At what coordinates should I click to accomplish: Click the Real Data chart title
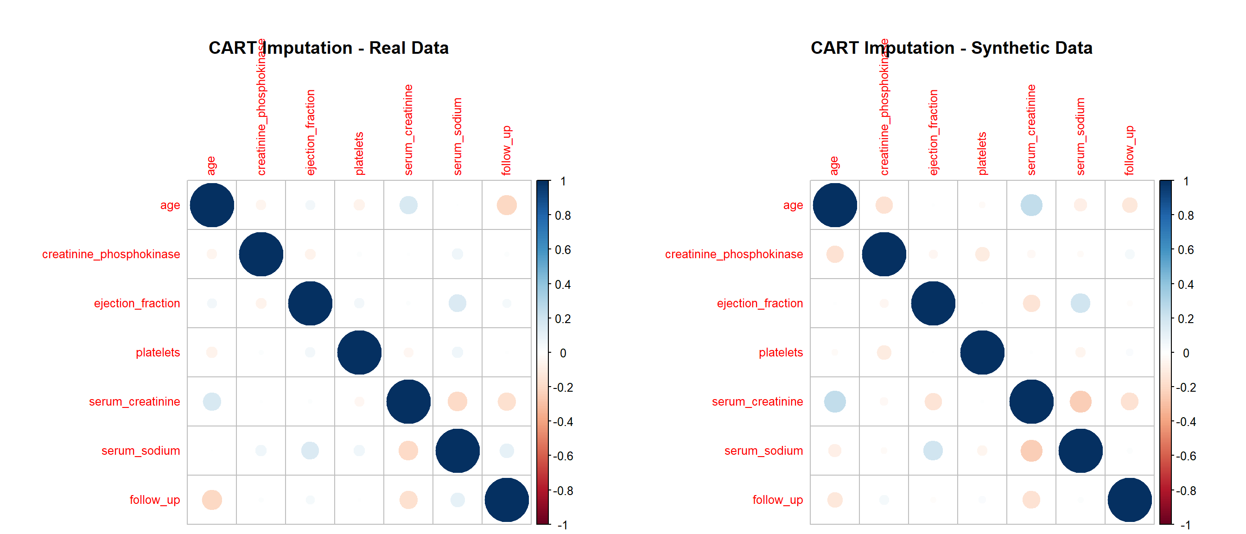(x=329, y=48)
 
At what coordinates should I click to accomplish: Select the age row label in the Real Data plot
(x=170, y=205)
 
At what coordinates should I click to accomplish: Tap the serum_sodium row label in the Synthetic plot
(x=763, y=451)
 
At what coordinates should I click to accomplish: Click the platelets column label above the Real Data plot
(x=359, y=153)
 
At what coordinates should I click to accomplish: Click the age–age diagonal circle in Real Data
(x=212, y=205)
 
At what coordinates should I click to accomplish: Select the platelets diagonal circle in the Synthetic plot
(x=982, y=353)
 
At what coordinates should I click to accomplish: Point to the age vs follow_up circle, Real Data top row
(x=507, y=205)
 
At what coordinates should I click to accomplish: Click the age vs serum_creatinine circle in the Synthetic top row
(x=1031, y=205)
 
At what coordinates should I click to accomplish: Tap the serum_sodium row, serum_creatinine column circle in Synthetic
(x=1031, y=451)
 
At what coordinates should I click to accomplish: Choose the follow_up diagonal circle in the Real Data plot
(x=507, y=500)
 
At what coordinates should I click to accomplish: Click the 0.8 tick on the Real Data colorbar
(x=563, y=216)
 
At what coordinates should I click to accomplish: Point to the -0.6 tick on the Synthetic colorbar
(x=1186, y=456)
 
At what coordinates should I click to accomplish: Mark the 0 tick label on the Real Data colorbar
(x=563, y=353)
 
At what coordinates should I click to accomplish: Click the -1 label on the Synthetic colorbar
(x=1185, y=525)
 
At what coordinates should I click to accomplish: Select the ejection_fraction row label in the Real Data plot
(x=137, y=303)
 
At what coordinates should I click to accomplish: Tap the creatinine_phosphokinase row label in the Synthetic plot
(x=733, y=254)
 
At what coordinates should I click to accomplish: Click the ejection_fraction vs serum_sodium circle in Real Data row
(x=457, y=303)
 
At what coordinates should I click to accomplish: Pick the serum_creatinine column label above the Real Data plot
(x=408, y=130)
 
